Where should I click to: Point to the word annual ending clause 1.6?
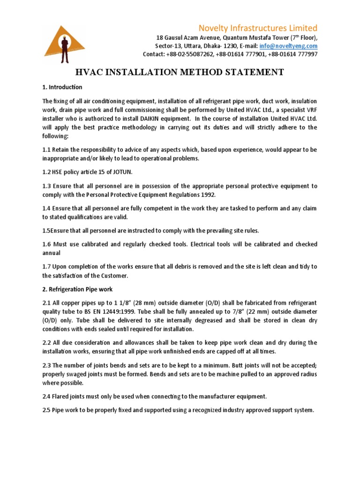(x=52, y=253)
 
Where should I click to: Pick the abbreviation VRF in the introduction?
(x=310, y=110)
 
